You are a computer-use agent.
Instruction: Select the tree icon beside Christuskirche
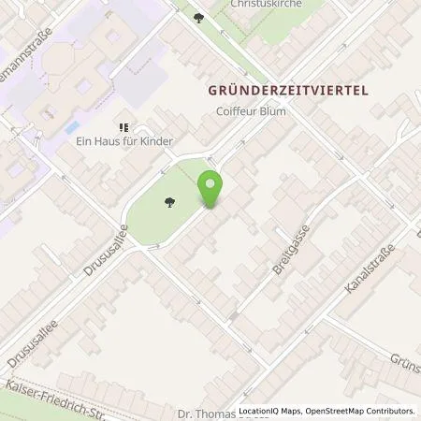[x=197, y=16]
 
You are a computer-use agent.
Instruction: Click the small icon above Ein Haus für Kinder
[x=122, y=127]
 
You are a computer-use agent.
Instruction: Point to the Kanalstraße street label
[x=370, y=269]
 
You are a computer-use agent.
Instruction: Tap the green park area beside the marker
[x=164, y=220]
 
